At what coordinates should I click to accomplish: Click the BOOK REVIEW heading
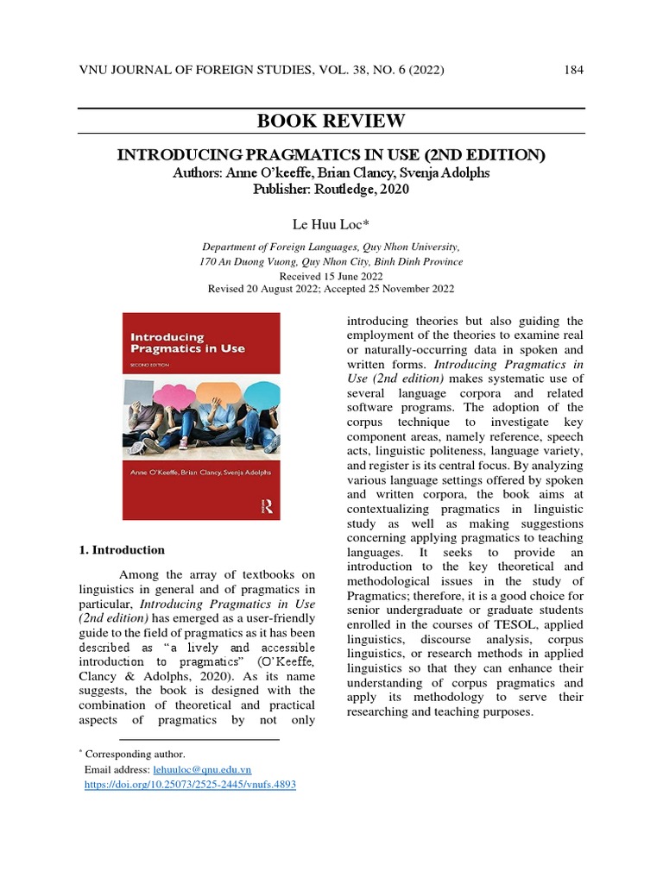coord(331,121)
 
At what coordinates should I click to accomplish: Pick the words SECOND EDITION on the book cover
coord(149,365)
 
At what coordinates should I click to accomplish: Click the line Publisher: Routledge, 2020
coord(331,189)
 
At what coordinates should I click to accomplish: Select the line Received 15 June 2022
coord(331,276)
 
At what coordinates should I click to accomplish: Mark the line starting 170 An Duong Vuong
coord(331,261)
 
